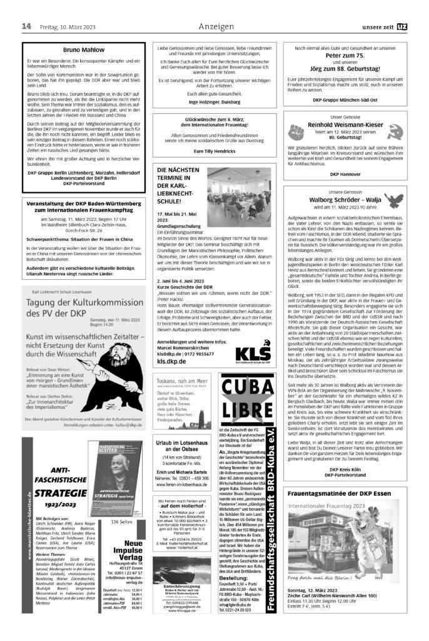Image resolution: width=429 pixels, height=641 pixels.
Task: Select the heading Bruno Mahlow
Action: click(x=83, y=49)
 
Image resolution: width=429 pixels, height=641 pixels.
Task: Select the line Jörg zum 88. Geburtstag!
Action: click(x=342, y=68)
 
